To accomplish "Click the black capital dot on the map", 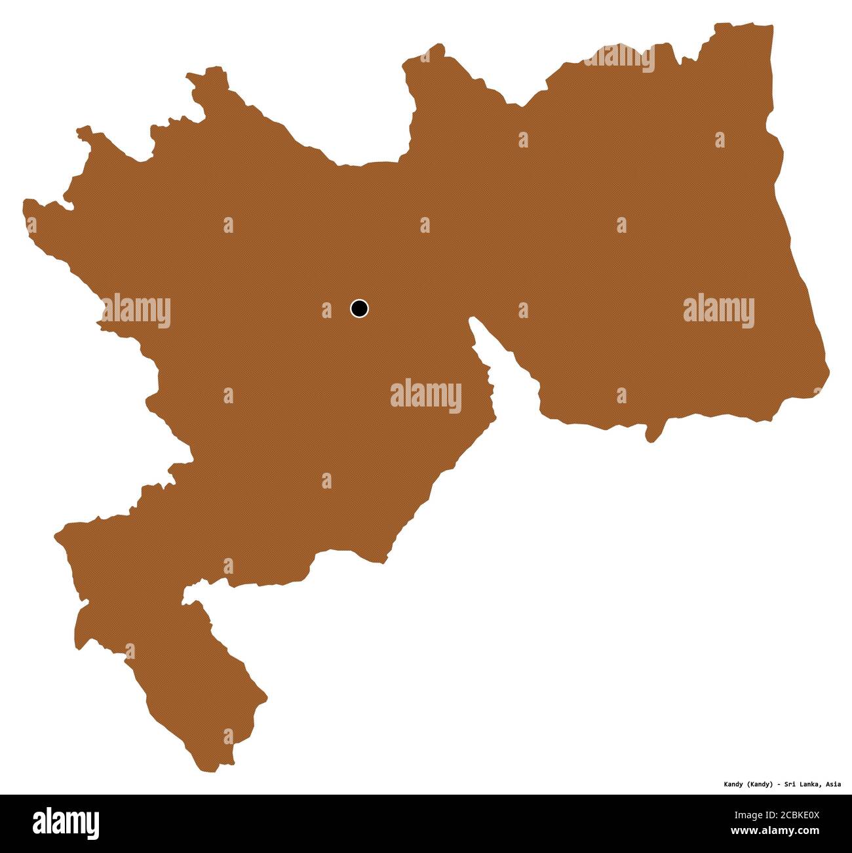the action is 359,307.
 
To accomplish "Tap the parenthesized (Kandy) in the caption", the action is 761,784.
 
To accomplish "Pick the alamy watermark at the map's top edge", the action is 619,58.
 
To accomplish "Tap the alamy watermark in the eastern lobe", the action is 718,309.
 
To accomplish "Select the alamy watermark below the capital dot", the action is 425,396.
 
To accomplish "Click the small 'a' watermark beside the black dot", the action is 326,309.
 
